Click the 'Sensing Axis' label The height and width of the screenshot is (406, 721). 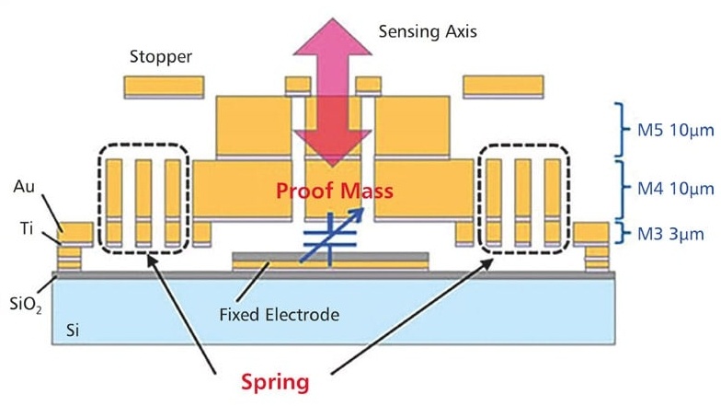[x=429, y=31]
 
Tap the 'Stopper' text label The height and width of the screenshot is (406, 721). [x=162, y=57]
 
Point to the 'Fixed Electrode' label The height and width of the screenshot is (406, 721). [x=280, y=315]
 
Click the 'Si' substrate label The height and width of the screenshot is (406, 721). [x=72, y=330]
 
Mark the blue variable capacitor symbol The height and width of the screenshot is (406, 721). [x=332, y=231]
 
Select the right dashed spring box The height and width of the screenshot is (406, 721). [x=523, y=198]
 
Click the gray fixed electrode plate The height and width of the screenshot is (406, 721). [x=330, y=255]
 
